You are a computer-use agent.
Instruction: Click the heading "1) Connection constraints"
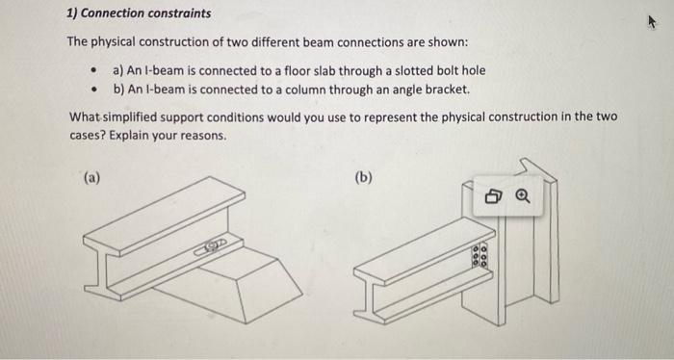point(139,14)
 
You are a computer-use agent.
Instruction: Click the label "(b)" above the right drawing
point(363,177)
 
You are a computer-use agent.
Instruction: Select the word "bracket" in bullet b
point(444,90)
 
